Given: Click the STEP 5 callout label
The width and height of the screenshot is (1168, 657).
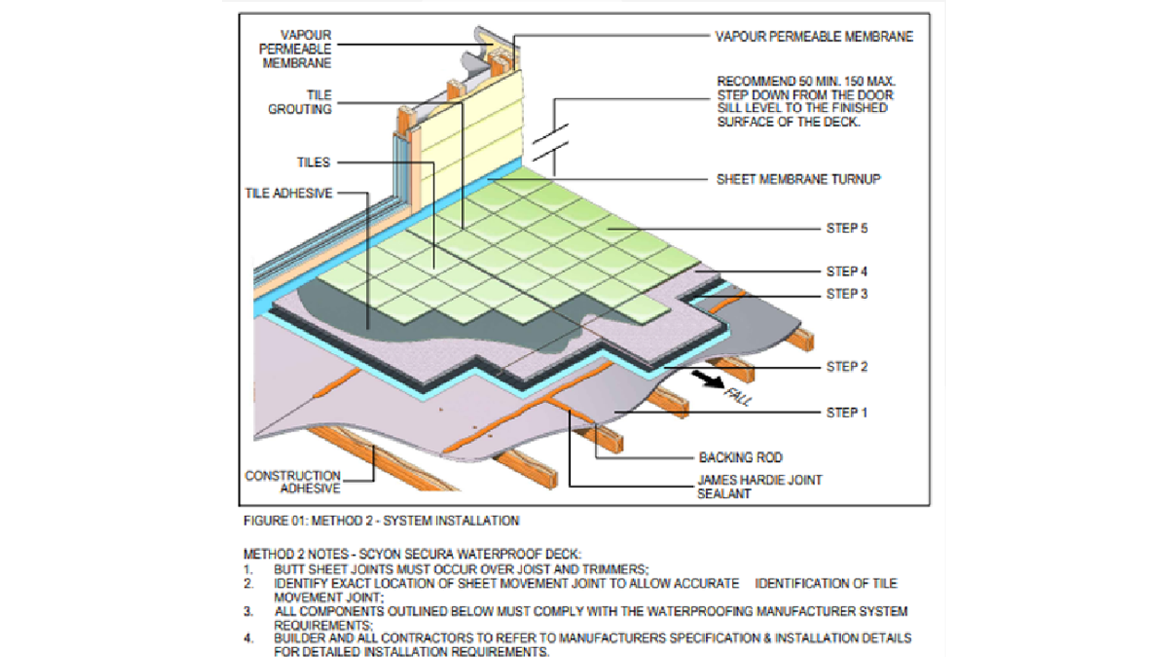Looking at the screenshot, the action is [x=847, y=228].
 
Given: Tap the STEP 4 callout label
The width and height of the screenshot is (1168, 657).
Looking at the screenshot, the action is [x=847, y=271].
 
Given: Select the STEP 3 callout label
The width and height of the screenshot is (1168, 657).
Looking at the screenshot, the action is [x=847, y=294].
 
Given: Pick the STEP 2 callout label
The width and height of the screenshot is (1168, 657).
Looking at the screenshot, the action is [x=847, y=367].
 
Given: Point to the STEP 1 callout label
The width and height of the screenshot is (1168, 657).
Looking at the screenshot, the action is [x=847, y=413].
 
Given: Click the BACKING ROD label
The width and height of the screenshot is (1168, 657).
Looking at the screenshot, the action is [x=740, y=457].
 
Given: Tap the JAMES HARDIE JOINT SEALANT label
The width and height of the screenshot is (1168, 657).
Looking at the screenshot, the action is [x=759, y=487].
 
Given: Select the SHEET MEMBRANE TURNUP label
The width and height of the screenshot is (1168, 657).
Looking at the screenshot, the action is [x=798, y=179].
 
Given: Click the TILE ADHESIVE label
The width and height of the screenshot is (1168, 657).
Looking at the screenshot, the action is [x=288, y=193].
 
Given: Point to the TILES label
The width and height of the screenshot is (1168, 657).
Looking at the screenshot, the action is [x=313, y=162].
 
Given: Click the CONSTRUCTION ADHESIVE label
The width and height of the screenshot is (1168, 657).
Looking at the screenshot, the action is [x=293, y=482].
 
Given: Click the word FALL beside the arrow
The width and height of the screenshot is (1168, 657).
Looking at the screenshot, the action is [x=738, y=397].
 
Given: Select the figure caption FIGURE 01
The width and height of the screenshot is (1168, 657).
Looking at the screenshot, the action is [x=381, y=521].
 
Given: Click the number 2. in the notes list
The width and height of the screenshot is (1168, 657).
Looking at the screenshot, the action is [x=249, y=584].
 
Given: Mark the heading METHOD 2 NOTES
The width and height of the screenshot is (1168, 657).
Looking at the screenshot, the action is [x=412, y=554].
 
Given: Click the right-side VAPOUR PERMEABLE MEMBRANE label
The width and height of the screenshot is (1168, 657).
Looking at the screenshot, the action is [x=814, y=36].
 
